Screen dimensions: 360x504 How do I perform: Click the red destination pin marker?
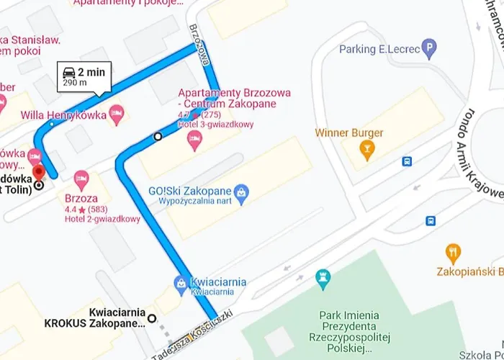point(39,171)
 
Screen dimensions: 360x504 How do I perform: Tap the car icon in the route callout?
point(69,72)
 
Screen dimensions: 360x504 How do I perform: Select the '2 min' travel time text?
point(91,72)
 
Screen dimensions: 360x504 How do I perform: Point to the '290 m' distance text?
point(76,84)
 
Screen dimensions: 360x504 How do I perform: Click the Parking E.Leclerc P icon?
point(430,50)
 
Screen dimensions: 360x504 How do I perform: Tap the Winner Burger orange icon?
point(368,150)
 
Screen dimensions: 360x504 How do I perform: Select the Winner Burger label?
point(348,133)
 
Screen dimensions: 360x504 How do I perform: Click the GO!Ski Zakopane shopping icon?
point(243,192)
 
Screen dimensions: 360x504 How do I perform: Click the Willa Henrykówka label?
point(63,114)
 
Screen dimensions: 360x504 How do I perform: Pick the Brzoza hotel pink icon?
point(81,178)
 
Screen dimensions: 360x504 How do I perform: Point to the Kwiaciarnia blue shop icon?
point(179,286)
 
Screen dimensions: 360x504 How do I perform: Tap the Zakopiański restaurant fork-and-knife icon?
point(453,253)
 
